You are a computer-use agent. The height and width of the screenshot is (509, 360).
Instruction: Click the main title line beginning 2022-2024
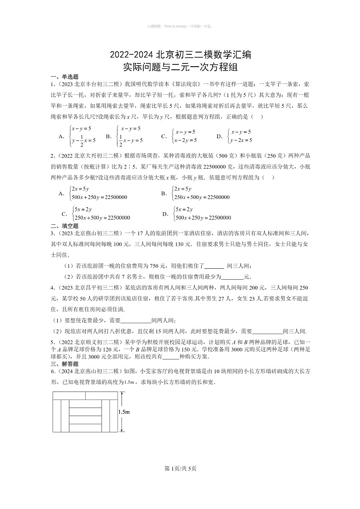tap(180, 56)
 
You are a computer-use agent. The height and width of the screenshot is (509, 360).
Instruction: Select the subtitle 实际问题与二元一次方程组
tap(180, 68)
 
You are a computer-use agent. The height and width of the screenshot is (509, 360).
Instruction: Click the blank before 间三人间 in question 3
tap(214, 267)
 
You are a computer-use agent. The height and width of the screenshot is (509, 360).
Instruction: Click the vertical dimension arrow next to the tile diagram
tap(121, 412)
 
